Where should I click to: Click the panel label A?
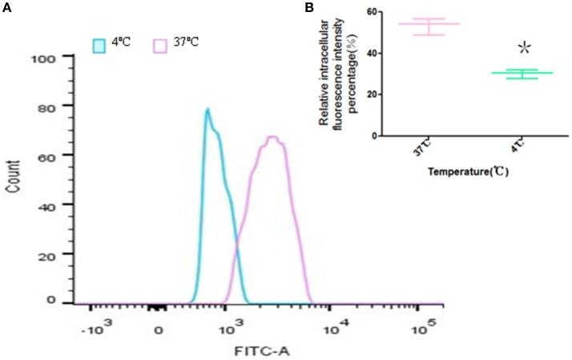pyautogui.click(x=7, y=8)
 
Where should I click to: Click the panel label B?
pyautogui.click(x=308, y=7)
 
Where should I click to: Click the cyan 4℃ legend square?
pyautogui.click(x=100, y=46)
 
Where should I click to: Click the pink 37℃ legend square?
pyautogui.click(x=159, y=46)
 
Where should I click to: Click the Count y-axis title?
pyautogui.click(x=14, y=182)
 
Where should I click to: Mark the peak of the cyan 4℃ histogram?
pyautogui.click(x=207, y=110)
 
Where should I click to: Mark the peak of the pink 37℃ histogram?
pyautogui.click(x=272, y=137)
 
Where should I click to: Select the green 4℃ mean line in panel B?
pyautogui.click(x=504, y=73)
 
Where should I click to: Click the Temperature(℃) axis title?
pyautogui.click(x=469, y=171)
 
